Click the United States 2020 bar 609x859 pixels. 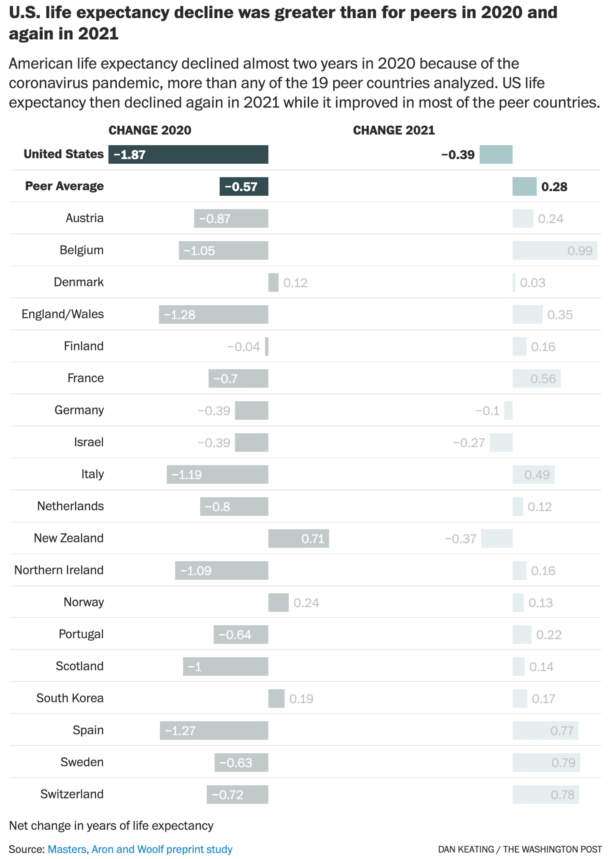tap(188, 154)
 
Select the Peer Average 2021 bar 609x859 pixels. tap(524, 187)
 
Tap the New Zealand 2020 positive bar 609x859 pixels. tap(298, 539)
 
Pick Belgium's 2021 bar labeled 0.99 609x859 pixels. tap(554, 251)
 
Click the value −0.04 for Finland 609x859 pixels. tap(244, 347)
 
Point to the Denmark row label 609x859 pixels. tap(79, 282)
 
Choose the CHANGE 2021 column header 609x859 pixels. tap(394, 130)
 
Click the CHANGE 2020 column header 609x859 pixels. tap(150, 130)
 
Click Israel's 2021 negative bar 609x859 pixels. tap(501, 443)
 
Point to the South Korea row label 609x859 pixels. tap(70, 698)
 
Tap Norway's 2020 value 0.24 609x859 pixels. tap(306, 603)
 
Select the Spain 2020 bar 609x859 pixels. tap(214, 731)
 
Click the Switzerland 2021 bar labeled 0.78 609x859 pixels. tap(546, 795)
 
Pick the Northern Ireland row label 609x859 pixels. tap(59, 570)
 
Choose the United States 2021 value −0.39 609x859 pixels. tap(458, 155)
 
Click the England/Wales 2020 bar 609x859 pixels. tap(213, 314)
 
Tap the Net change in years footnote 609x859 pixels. tap(111, 826)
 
